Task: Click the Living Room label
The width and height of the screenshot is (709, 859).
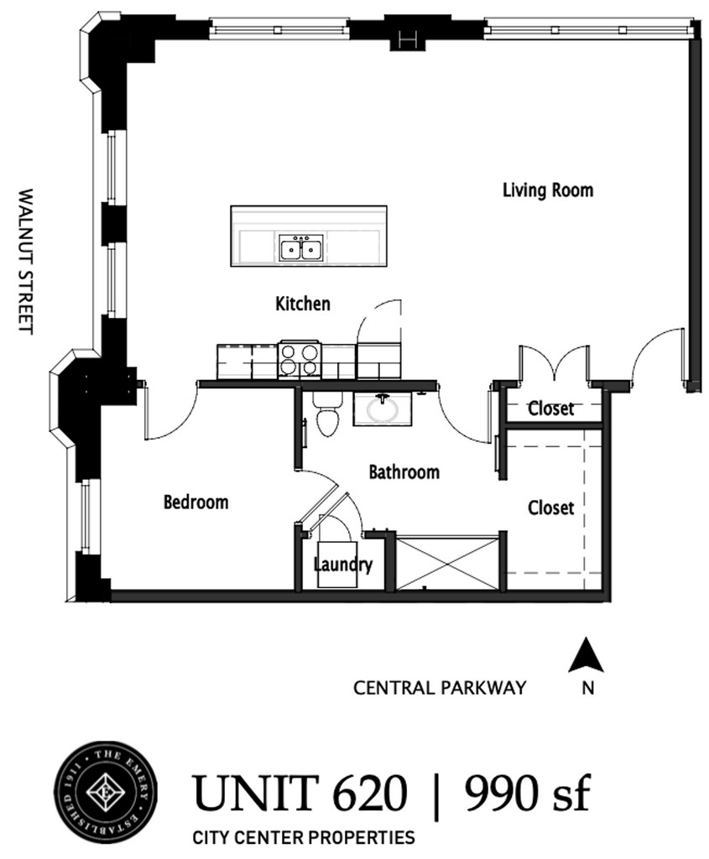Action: point(548,190)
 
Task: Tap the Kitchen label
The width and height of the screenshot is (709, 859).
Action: point(302,304)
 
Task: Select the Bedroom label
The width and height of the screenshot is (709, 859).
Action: point(195,502)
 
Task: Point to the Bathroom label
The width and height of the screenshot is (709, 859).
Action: point(404,471)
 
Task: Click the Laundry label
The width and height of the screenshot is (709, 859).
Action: point(343,565)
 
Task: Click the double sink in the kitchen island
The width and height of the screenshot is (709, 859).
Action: point(301,249)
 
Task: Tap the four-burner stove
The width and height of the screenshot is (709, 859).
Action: point(300,360)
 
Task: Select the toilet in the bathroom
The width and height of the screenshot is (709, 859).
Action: point(328,413)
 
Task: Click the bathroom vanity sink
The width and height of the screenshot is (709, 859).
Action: point(382,409)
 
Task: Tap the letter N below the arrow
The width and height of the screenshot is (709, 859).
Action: point(588,688)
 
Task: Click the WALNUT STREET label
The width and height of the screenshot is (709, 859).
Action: point(26,262)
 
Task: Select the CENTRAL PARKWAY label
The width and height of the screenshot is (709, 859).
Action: point(440,688)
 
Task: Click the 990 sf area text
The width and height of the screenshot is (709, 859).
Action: point(528,794)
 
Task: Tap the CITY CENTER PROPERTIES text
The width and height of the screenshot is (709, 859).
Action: point(304,838)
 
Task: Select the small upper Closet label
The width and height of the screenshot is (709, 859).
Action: point(550,409)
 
